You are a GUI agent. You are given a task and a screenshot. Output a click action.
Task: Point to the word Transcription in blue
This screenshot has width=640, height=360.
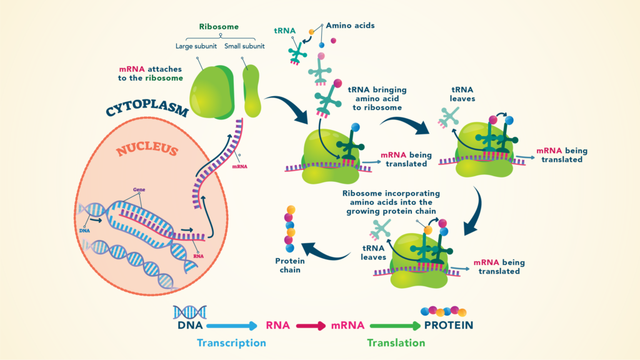(x=231, y=343)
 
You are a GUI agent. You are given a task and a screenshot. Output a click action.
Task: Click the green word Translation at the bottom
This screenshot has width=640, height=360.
(x=396, y=343)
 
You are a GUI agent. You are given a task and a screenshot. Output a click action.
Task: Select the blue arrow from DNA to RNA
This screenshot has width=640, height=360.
(x=232, y=326)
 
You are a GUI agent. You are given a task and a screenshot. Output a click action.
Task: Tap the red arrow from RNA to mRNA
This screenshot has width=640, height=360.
(x=311, y=326)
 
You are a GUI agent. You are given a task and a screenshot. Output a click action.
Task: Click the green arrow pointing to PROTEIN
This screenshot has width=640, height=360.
(x=396, y=326)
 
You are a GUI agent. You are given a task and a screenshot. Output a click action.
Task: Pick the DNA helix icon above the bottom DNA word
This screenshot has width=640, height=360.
(x=190, y=311)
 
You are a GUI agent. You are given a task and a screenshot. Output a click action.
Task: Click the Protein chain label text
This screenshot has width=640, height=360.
(x=289, y=266)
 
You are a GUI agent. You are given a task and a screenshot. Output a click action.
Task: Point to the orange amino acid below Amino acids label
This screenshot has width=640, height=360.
(x=311, y=32)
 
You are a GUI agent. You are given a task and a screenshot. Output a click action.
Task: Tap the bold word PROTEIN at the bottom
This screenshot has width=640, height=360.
(x=448, y=326)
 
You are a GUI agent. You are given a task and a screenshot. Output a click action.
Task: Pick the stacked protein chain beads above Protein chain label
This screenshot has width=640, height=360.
(x=290, y=229)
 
